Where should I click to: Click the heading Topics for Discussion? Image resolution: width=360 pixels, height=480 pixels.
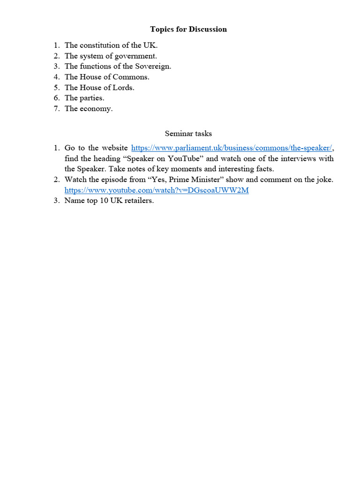188,29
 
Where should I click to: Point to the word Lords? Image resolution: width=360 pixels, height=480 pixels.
123,87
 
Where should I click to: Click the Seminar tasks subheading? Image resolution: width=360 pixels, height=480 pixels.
188,134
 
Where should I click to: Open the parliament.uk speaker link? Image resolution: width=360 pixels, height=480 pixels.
232,148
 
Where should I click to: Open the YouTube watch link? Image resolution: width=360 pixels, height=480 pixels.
157,190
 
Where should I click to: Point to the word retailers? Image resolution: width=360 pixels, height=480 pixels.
137,201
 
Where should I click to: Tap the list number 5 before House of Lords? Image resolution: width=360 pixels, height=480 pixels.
56,87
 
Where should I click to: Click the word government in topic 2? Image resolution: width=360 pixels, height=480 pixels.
133,56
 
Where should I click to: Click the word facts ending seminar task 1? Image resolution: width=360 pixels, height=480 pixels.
264,169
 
